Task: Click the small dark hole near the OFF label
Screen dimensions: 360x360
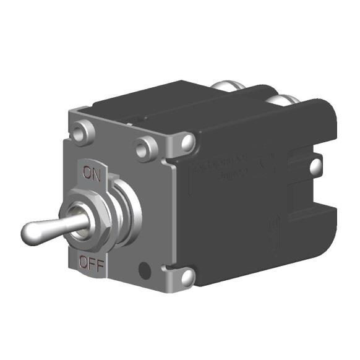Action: (145, 270)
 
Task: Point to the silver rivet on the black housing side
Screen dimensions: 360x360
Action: (315, 165)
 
